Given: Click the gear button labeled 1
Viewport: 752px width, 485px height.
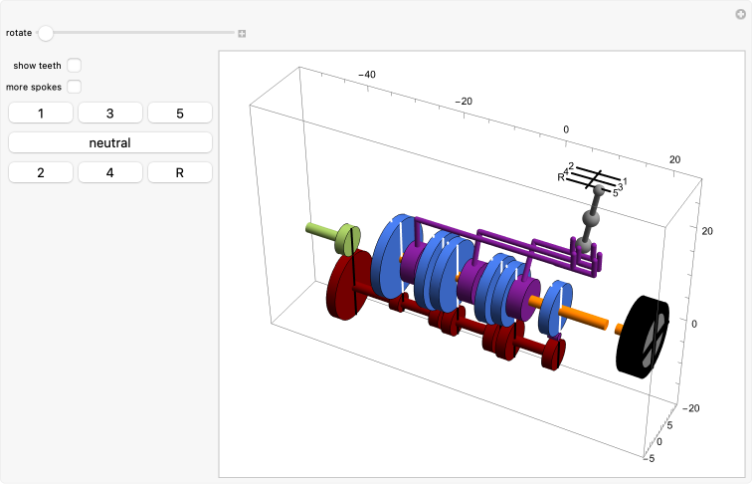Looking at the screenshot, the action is [41, 114].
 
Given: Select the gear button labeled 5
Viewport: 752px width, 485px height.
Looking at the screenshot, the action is [180, 114].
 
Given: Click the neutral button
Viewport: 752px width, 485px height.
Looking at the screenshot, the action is [109, 143].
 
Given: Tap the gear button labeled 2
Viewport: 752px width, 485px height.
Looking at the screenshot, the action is [41, 173].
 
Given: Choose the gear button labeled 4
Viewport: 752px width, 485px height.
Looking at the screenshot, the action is [109, 173].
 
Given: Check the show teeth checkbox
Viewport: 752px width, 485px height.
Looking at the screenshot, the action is [74, 66].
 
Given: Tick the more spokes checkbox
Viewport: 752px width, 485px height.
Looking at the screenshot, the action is [74, 87].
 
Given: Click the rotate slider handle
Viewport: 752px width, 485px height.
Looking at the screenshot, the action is [46, 33].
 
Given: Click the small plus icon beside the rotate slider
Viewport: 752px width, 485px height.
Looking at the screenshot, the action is [242, 34].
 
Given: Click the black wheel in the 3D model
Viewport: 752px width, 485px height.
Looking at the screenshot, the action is [643, 337].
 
